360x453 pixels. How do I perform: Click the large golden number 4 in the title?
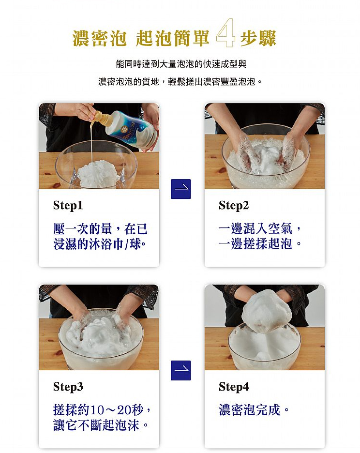(225, 35)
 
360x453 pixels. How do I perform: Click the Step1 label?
(68, 205)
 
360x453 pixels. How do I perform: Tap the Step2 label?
(234, 205)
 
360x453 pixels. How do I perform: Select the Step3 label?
(68, 387)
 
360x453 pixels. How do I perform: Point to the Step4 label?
(234, 387)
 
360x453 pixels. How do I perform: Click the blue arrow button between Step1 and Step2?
(181, 189)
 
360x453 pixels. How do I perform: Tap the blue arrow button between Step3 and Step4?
(181, 370)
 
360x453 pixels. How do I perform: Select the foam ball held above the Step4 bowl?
(267, 309)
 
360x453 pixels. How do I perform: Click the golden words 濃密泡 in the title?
(99, 38)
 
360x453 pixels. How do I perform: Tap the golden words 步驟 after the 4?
(258, 38)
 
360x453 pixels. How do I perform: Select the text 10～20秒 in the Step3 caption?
(117, 410)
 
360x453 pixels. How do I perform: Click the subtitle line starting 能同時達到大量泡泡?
(181, 64)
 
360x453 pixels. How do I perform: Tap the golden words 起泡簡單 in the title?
(173, 38)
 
